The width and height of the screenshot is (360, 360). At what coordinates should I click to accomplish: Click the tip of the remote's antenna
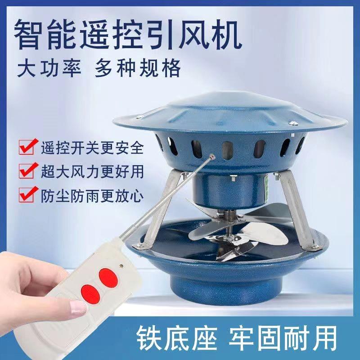pos(212,158)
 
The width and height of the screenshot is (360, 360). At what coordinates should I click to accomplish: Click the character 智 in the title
pos(33,33)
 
